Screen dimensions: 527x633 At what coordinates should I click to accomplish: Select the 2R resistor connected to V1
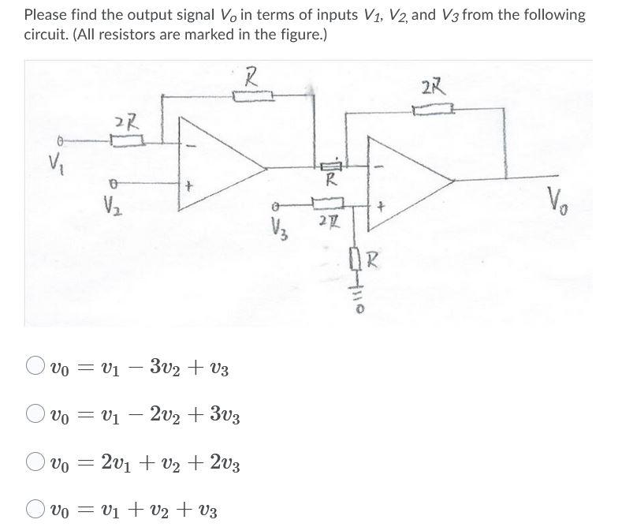[127, 141]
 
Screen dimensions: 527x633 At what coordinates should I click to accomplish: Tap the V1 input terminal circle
[56, 141]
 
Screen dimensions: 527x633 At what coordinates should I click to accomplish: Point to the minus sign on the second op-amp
[379, 166]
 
